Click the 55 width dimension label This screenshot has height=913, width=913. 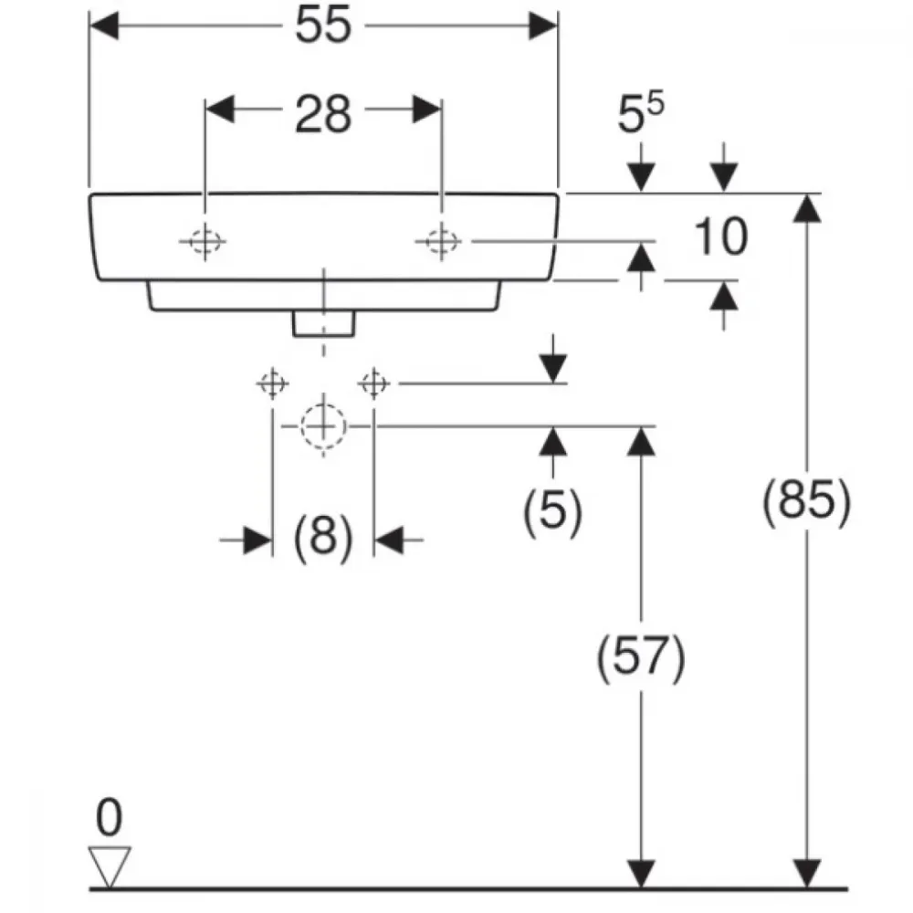pos(323,25)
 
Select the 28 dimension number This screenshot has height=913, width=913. pos(323,113)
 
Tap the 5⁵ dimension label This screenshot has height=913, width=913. pos(640,113)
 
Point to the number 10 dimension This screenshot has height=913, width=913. pos(721,236)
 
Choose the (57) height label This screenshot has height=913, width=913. pos(641,657)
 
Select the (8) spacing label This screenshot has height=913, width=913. pos(323,538)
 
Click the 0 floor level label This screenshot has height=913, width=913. pos(109,817)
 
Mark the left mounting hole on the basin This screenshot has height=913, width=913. pos(205,241)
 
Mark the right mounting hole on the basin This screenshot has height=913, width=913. pos(441,241)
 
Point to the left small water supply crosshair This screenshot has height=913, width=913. pos(272,383)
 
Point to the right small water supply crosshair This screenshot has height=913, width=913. pos(373,383)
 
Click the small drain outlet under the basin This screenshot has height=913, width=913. pos(324,324)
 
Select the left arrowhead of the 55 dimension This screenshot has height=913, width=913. pos(105,26)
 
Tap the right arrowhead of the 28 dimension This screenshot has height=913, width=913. pos(426,110)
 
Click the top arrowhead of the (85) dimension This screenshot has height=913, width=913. pos(807,208)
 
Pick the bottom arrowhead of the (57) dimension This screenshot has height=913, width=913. pos(641,874)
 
